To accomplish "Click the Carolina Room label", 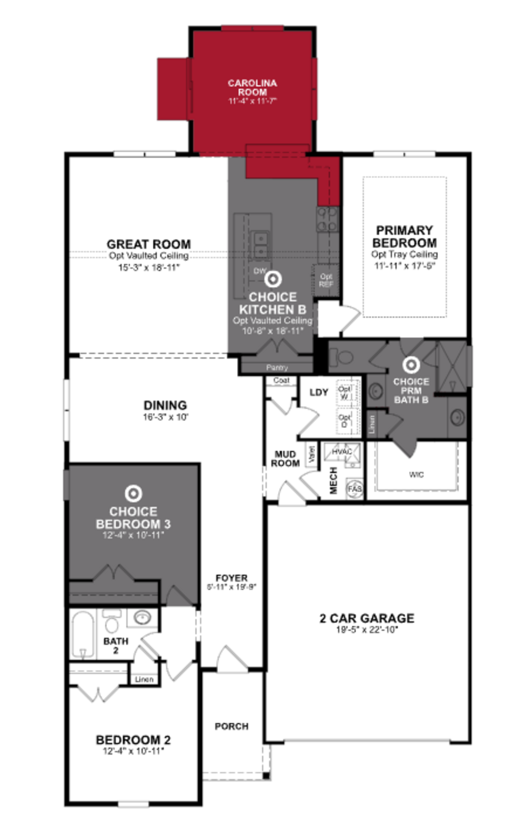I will click(252, 87).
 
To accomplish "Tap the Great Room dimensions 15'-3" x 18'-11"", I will click(149, 268).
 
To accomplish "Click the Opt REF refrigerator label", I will click(326, 280).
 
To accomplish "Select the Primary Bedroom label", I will click(404, 237).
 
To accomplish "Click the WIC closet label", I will click(416, 474).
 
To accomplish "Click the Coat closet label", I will click(281, 380).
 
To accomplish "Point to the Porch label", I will click(231, 726).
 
